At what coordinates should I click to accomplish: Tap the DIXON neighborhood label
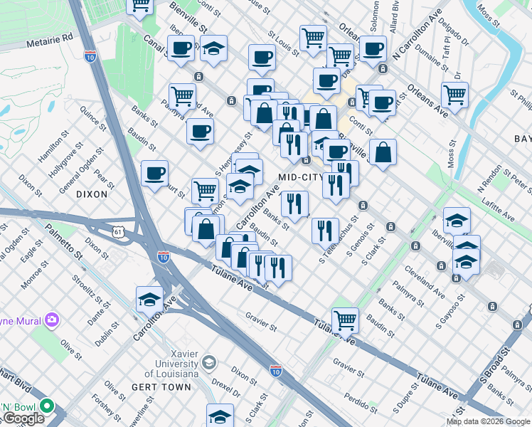[92, 194]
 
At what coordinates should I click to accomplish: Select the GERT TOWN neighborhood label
[161, 387]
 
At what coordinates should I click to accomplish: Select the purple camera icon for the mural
[50, 320]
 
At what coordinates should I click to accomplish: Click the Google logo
[23, 418]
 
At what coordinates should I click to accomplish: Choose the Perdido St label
[354, 394]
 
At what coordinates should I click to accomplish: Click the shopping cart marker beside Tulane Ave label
[345, 320]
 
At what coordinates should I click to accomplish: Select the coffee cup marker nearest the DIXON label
[154, 173]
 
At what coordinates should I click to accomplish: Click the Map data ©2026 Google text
[489, 421]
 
